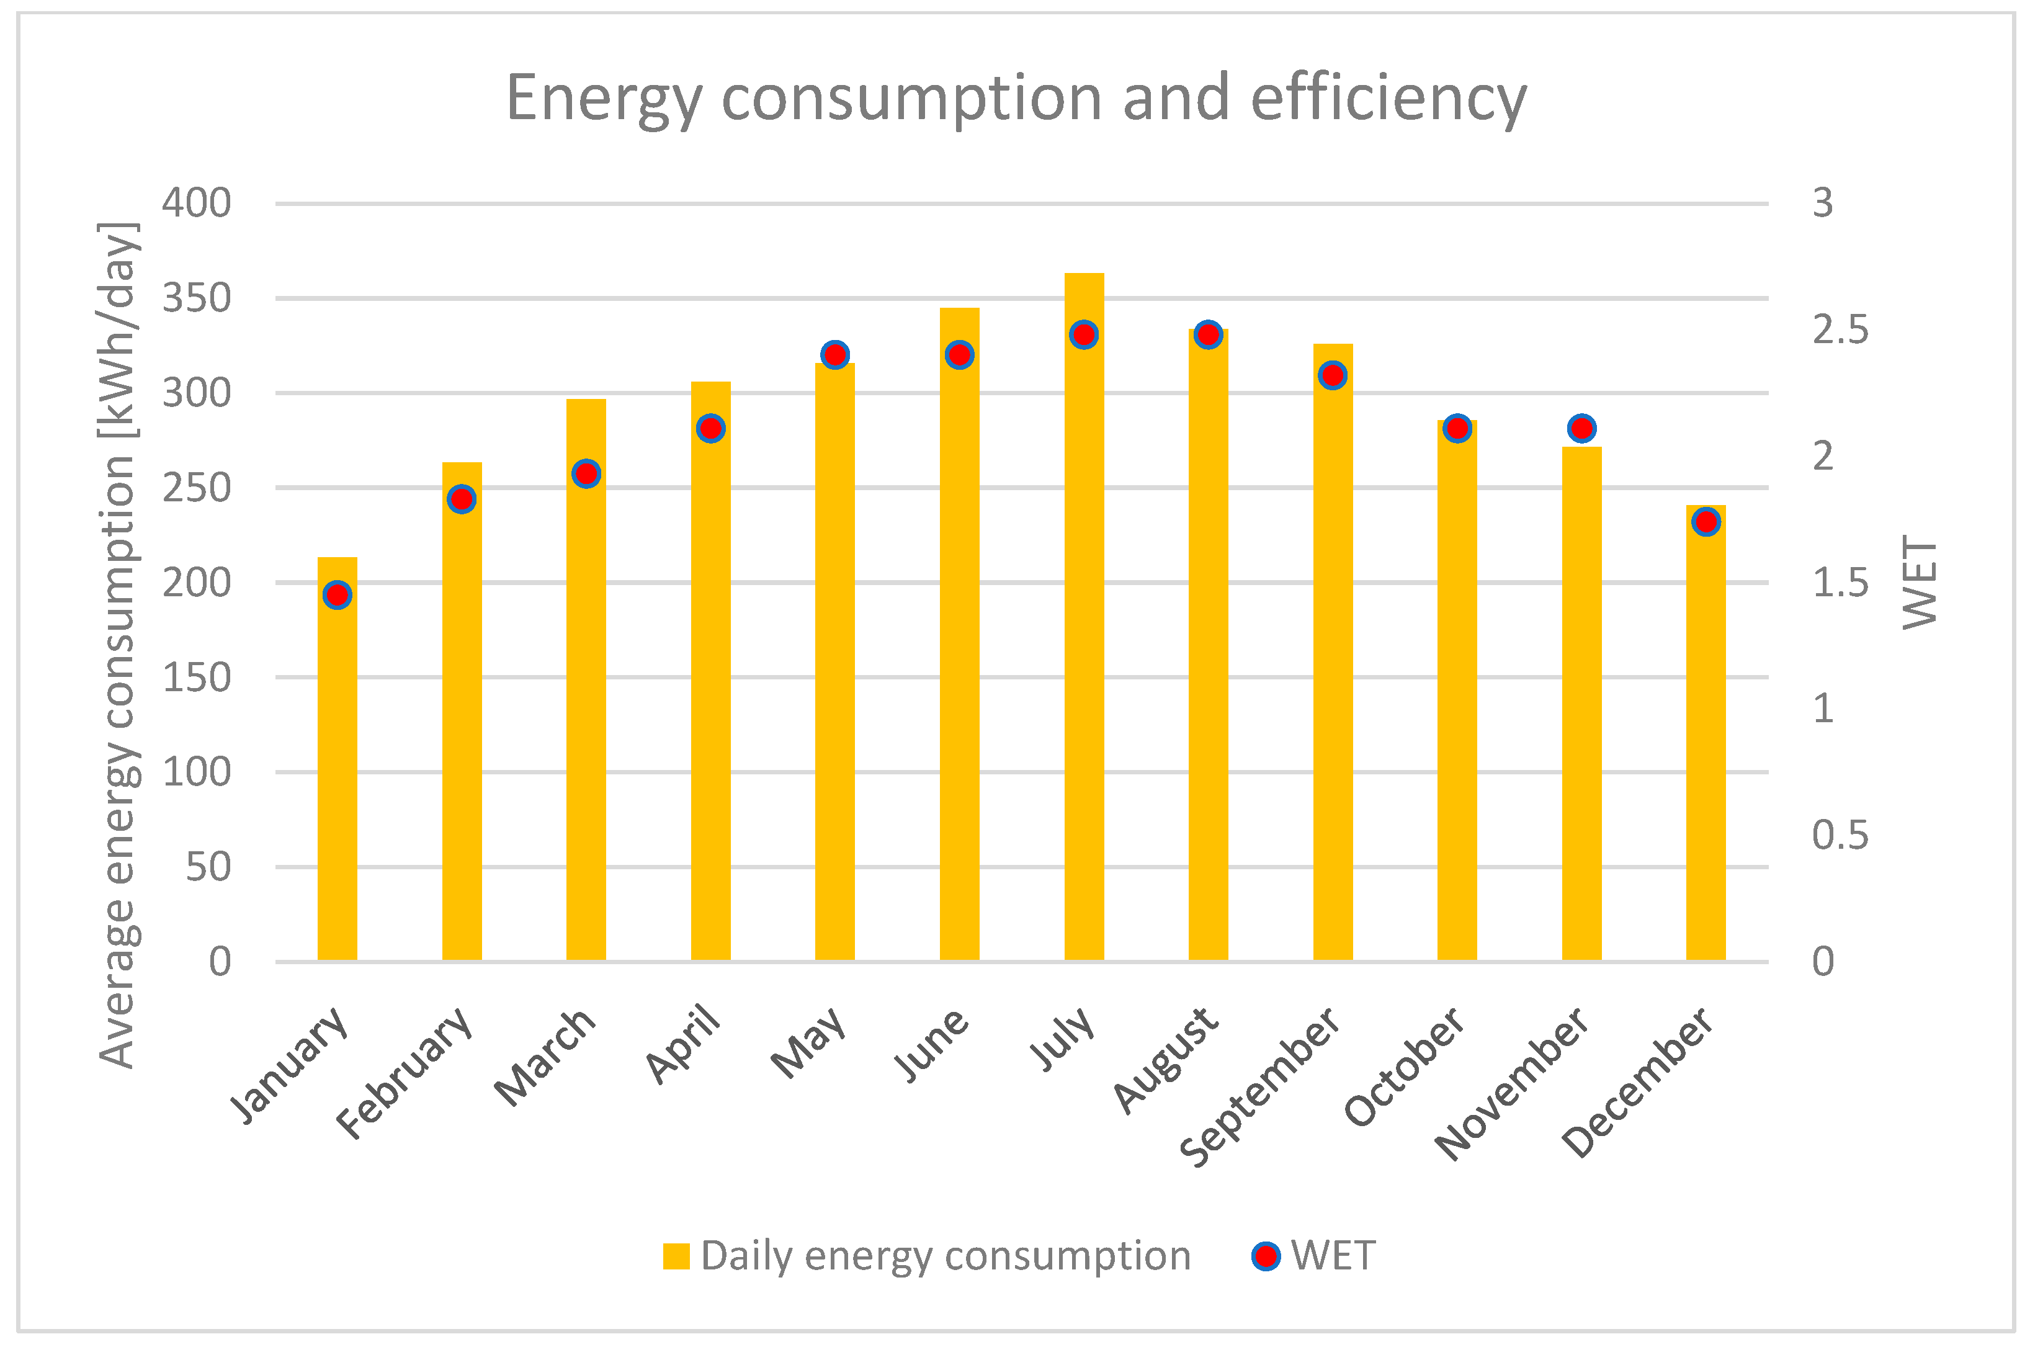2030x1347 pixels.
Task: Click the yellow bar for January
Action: pyautogui.click(x=337, y=773)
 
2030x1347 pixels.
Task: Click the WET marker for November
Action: pyautogui.click(x=1581, y=428)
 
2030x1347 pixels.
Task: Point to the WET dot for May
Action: pyautogui.click(x=834, y=354)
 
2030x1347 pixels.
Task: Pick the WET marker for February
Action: pyautogui.click(x=462, y=498)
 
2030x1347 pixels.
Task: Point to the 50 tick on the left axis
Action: pyautogui.click(x=208, y=867)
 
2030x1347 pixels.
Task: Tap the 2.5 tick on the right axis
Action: pyautogui.click(x=1840, y=331)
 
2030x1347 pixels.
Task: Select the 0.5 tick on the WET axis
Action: pyautogui.click(x=1840, y=835)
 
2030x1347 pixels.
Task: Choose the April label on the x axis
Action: pyautogui.click(x=684, y=1044)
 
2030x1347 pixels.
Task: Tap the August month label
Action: pyautogui.click(x=1166, y=1062)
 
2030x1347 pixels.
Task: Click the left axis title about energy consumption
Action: pyautogui.click(x=118, y=644)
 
